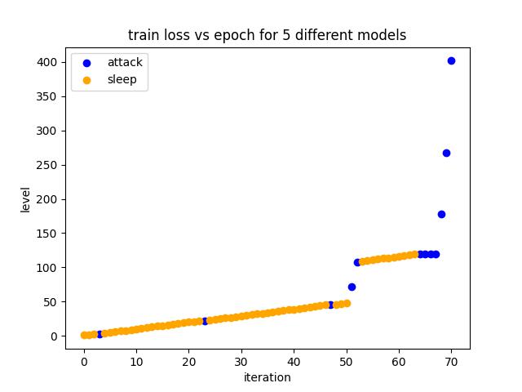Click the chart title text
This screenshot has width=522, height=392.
pyautogui.click(x=267, y=35)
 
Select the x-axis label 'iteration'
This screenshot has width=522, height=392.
pyautogui.click(x=267, y=377)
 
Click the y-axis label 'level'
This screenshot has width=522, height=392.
pyautogui.click(x=25, y=199)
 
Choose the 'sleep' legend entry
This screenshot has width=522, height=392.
pyautogui.click(x=122, y=80)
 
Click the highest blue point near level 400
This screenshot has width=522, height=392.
pyautogui.click(x=451, y=60)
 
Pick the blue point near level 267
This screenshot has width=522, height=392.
pyautogui.click(x=446, y=153)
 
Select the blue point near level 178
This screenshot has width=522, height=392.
pyautogui.click(x=441, y=214)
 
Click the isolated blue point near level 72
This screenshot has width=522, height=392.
pyautogui.click(x=352, y=287)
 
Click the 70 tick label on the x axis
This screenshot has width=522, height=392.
pyautogui.click(x=451, y=362)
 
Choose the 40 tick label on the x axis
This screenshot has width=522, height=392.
pyautogui.click(x=294, y=362)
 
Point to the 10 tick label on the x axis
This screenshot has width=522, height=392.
pyautogui.click(x=136, y=362)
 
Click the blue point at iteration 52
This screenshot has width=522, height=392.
pyautogui.click(x=357, y=262)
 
